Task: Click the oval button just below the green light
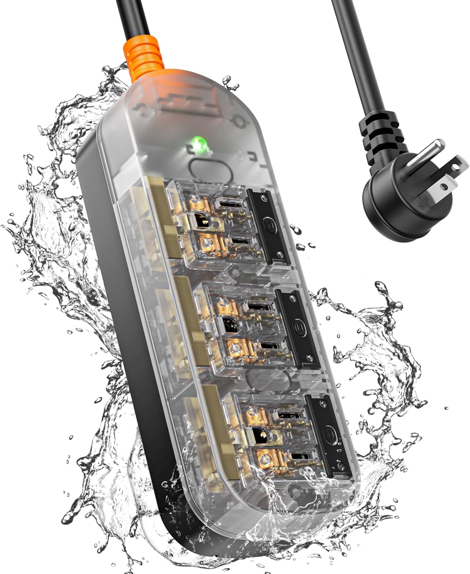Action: coord(210,168)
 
